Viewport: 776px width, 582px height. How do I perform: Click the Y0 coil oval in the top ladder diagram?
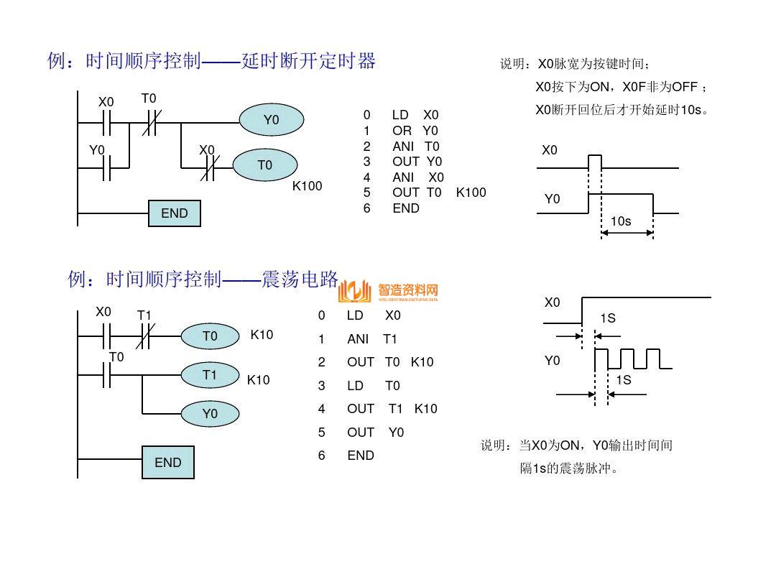(x=271, y=120)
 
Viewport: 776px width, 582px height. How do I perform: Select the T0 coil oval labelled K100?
(x=265, y=165)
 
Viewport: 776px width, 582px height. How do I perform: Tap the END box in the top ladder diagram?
(x=174, y=213)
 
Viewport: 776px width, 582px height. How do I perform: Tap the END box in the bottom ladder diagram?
(x=168, y=463)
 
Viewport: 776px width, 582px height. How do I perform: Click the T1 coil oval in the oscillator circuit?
(x=210, y=375)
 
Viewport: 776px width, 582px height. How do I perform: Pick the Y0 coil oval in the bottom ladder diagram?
(x=210, y=414)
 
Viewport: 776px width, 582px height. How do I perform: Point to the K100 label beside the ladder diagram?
(x=307, y=186)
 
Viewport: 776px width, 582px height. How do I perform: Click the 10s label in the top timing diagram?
(x=620, y=221)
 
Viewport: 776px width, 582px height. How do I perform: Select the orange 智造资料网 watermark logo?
(x=389, y=291)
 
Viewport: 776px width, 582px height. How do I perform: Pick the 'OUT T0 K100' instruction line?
(x=425, y=193)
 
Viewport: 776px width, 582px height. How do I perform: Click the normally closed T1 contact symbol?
(x=144, y=336)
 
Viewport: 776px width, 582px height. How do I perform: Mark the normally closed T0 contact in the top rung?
(x=149, y=123)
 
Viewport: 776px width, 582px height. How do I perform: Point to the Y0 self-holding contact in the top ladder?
(x=106, y=167)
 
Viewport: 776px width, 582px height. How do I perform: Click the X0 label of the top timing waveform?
(x=550, y=151)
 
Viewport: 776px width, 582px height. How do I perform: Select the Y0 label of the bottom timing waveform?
(x=552, y=361)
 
